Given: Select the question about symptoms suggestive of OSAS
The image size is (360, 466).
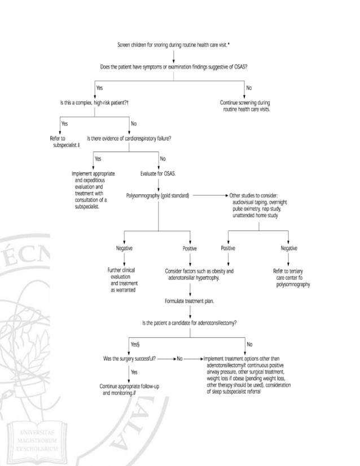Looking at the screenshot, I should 173,67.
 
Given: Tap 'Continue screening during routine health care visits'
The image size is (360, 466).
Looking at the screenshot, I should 246,106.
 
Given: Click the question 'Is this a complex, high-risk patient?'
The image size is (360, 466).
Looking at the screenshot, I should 95,103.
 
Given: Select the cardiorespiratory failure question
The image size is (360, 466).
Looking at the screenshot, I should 129,138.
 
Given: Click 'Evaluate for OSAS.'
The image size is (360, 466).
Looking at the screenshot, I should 158,174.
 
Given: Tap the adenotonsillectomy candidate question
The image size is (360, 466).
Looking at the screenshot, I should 189,323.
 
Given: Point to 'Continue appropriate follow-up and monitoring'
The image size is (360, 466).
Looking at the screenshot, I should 126,389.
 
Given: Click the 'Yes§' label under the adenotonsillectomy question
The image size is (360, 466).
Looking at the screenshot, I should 135,344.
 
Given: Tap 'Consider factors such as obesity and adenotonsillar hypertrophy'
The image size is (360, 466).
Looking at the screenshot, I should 199,274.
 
